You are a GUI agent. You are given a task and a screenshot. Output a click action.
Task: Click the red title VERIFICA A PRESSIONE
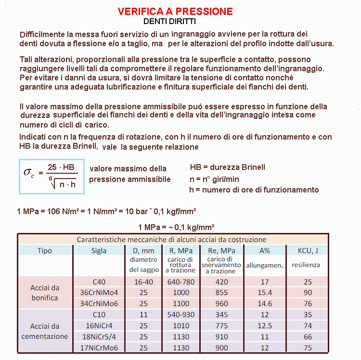176,11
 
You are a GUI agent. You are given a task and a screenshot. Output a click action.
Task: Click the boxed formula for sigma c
52,176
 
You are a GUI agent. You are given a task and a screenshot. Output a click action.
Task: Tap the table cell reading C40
99,282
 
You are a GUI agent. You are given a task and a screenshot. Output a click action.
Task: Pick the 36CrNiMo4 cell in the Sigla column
99,293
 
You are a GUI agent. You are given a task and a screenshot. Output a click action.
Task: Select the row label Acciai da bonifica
44,293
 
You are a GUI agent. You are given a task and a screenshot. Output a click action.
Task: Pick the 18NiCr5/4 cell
99,337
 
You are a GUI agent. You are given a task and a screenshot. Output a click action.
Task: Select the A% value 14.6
264,304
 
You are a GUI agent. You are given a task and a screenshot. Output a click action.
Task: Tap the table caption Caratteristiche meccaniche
172,239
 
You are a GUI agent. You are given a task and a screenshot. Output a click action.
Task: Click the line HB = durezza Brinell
228,167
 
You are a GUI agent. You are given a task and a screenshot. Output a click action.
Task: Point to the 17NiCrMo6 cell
99,348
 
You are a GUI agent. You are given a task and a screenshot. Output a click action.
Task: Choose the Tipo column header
44,250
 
